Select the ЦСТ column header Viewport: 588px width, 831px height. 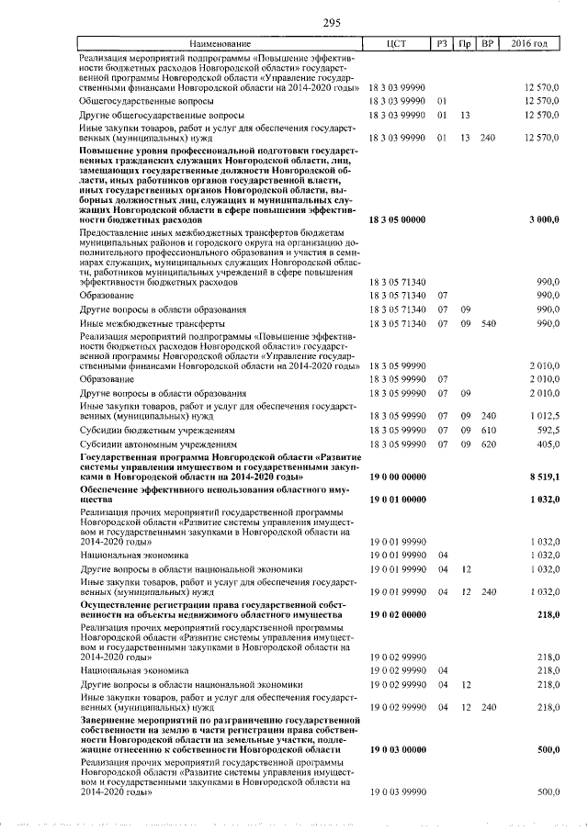pyautogui.click(x=397, y=44)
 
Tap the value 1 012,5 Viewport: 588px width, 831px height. pyautogui.click(x=543, y=415)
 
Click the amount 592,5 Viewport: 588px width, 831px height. pyautogui.click(x=546, y=430)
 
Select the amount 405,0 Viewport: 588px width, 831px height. pyautogui.click(x=546, y=444)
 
